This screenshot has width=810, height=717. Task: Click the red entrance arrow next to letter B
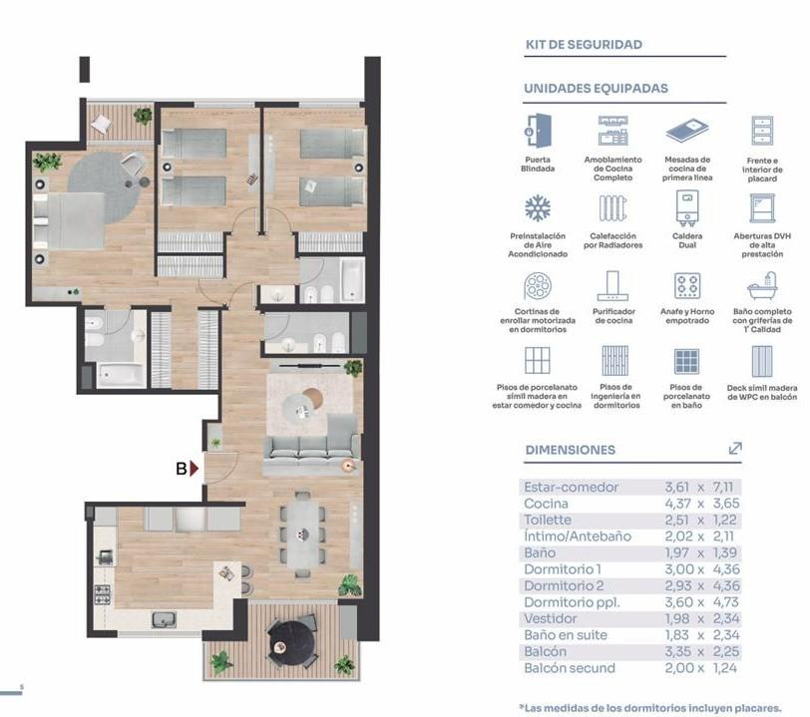(195, 469)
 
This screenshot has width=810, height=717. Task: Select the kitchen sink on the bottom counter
(164, 619)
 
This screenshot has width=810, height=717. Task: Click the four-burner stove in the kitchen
(103, 594)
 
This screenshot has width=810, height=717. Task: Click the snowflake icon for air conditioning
(538, 208)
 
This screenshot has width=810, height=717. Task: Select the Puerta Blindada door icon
(538, 132)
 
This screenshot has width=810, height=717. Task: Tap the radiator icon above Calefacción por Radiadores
(613, 208)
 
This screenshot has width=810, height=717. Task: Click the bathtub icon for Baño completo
(762, 286)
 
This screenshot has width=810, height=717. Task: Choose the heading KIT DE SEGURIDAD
(584, 45)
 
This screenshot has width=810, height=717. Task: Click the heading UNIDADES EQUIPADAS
(597, 89)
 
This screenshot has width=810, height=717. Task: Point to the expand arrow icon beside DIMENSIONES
(735, 449)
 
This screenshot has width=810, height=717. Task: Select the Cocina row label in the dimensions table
(546, 504)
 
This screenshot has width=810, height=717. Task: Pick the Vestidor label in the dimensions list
(551, 619)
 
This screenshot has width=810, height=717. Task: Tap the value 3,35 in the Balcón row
(677, 652)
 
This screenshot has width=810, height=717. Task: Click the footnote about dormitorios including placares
(650, 708)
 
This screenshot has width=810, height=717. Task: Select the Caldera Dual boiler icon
(687, 208)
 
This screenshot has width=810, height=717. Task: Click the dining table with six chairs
(302, 535)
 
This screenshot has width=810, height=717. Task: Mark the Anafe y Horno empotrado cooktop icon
(687, 285)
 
